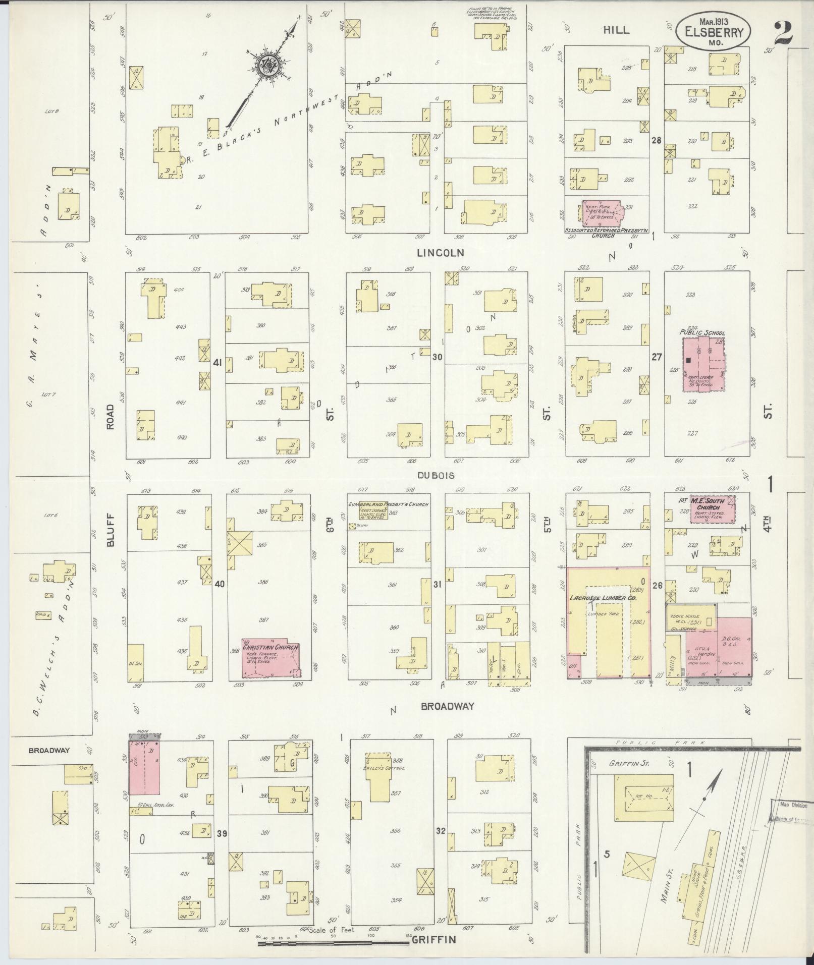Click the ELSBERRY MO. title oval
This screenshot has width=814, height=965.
[x=713, y=32]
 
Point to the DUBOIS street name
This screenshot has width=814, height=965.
[x=436, y=475]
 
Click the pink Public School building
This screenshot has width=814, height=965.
[x=703, y=364]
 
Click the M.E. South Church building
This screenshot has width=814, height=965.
[x=712, y=508]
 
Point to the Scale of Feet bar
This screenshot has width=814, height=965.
[x=333, y=942]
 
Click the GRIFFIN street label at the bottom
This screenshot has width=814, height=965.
[x=434, y=940]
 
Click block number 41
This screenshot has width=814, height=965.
[x=218, y=362]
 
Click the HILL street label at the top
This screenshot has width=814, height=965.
[x=617, y=30]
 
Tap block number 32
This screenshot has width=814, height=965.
[x=441, y=830]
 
